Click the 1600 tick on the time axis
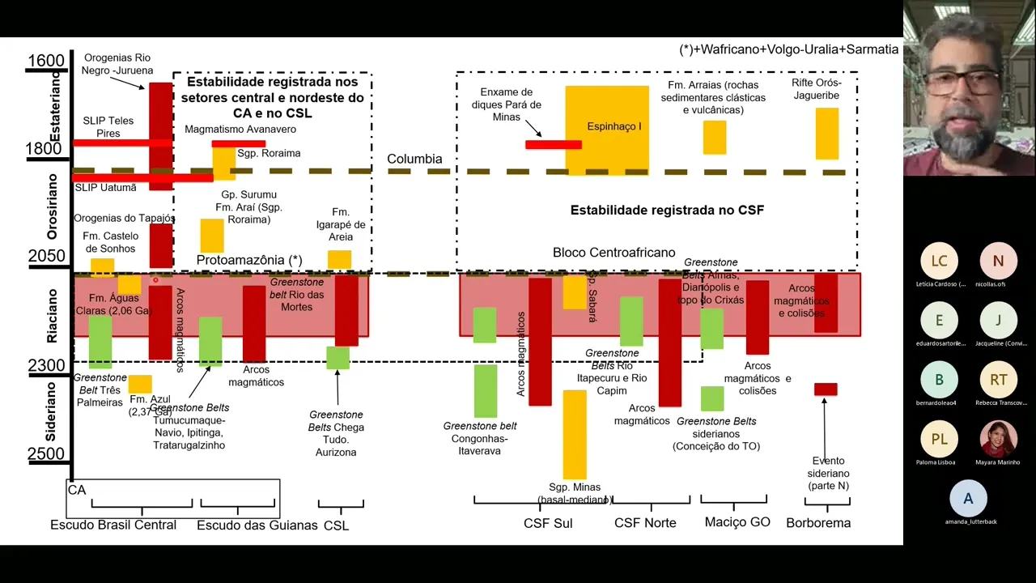coord(45,61)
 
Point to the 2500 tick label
coord(45,454)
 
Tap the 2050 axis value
coord(45,257)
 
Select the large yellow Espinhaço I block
coord(607,130)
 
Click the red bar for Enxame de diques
coord(553,145)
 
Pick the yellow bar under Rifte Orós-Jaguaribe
coord(826,134)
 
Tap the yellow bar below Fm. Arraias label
coord(714,137)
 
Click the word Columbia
coord(414,159)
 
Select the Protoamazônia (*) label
coord(249,260)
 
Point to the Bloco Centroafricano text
coord(614,253)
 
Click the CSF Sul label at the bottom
coord(548,523)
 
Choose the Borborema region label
coord(818,523)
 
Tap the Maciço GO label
coord(737,522)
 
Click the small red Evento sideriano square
coord(826,389)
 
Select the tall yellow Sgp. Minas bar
coord(575,434)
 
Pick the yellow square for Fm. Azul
coord(140,384)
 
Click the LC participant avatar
coord(939,261)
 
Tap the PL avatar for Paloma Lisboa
coord(939,439)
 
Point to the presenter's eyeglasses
coord(960,82)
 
